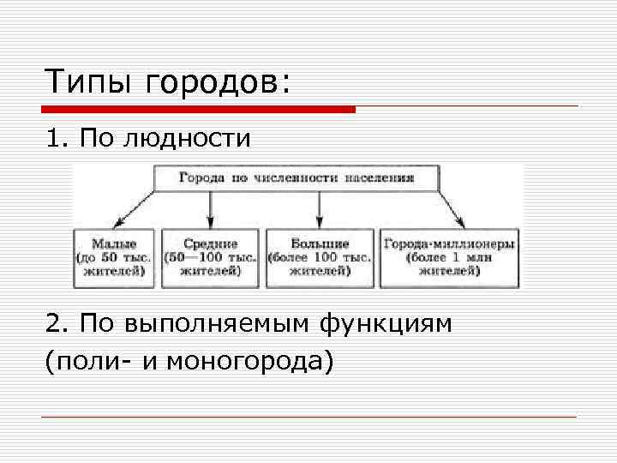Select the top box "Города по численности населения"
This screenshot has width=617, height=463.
coord(297,178)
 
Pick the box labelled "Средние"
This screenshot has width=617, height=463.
coord(210,257)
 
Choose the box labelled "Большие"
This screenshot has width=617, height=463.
coord(320,257)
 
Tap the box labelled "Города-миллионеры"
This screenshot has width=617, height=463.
coord(449,257)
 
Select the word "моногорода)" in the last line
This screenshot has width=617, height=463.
coord(249,360)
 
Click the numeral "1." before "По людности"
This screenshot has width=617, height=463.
coord(58,138)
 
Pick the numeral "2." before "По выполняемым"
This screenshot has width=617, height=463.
coord(59,324)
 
